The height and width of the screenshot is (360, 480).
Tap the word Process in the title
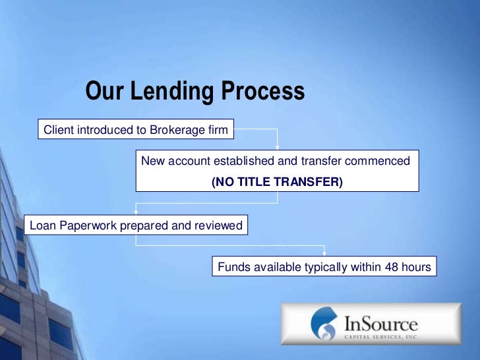pos(262,92)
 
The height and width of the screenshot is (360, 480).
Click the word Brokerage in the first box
pos(178,130)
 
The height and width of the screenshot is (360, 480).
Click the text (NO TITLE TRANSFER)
pos(277,181)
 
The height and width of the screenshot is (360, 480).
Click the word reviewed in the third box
pos(218,226)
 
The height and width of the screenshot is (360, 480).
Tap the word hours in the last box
pos(416,267)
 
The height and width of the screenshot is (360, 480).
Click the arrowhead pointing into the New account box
pos(278,147)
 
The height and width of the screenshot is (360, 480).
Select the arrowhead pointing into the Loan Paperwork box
pos(136,212)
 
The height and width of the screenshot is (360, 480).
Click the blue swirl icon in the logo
pos(323,324)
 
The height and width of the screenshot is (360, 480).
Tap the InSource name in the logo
pos(380,323)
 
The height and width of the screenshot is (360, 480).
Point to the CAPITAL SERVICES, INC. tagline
pos(381,336)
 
